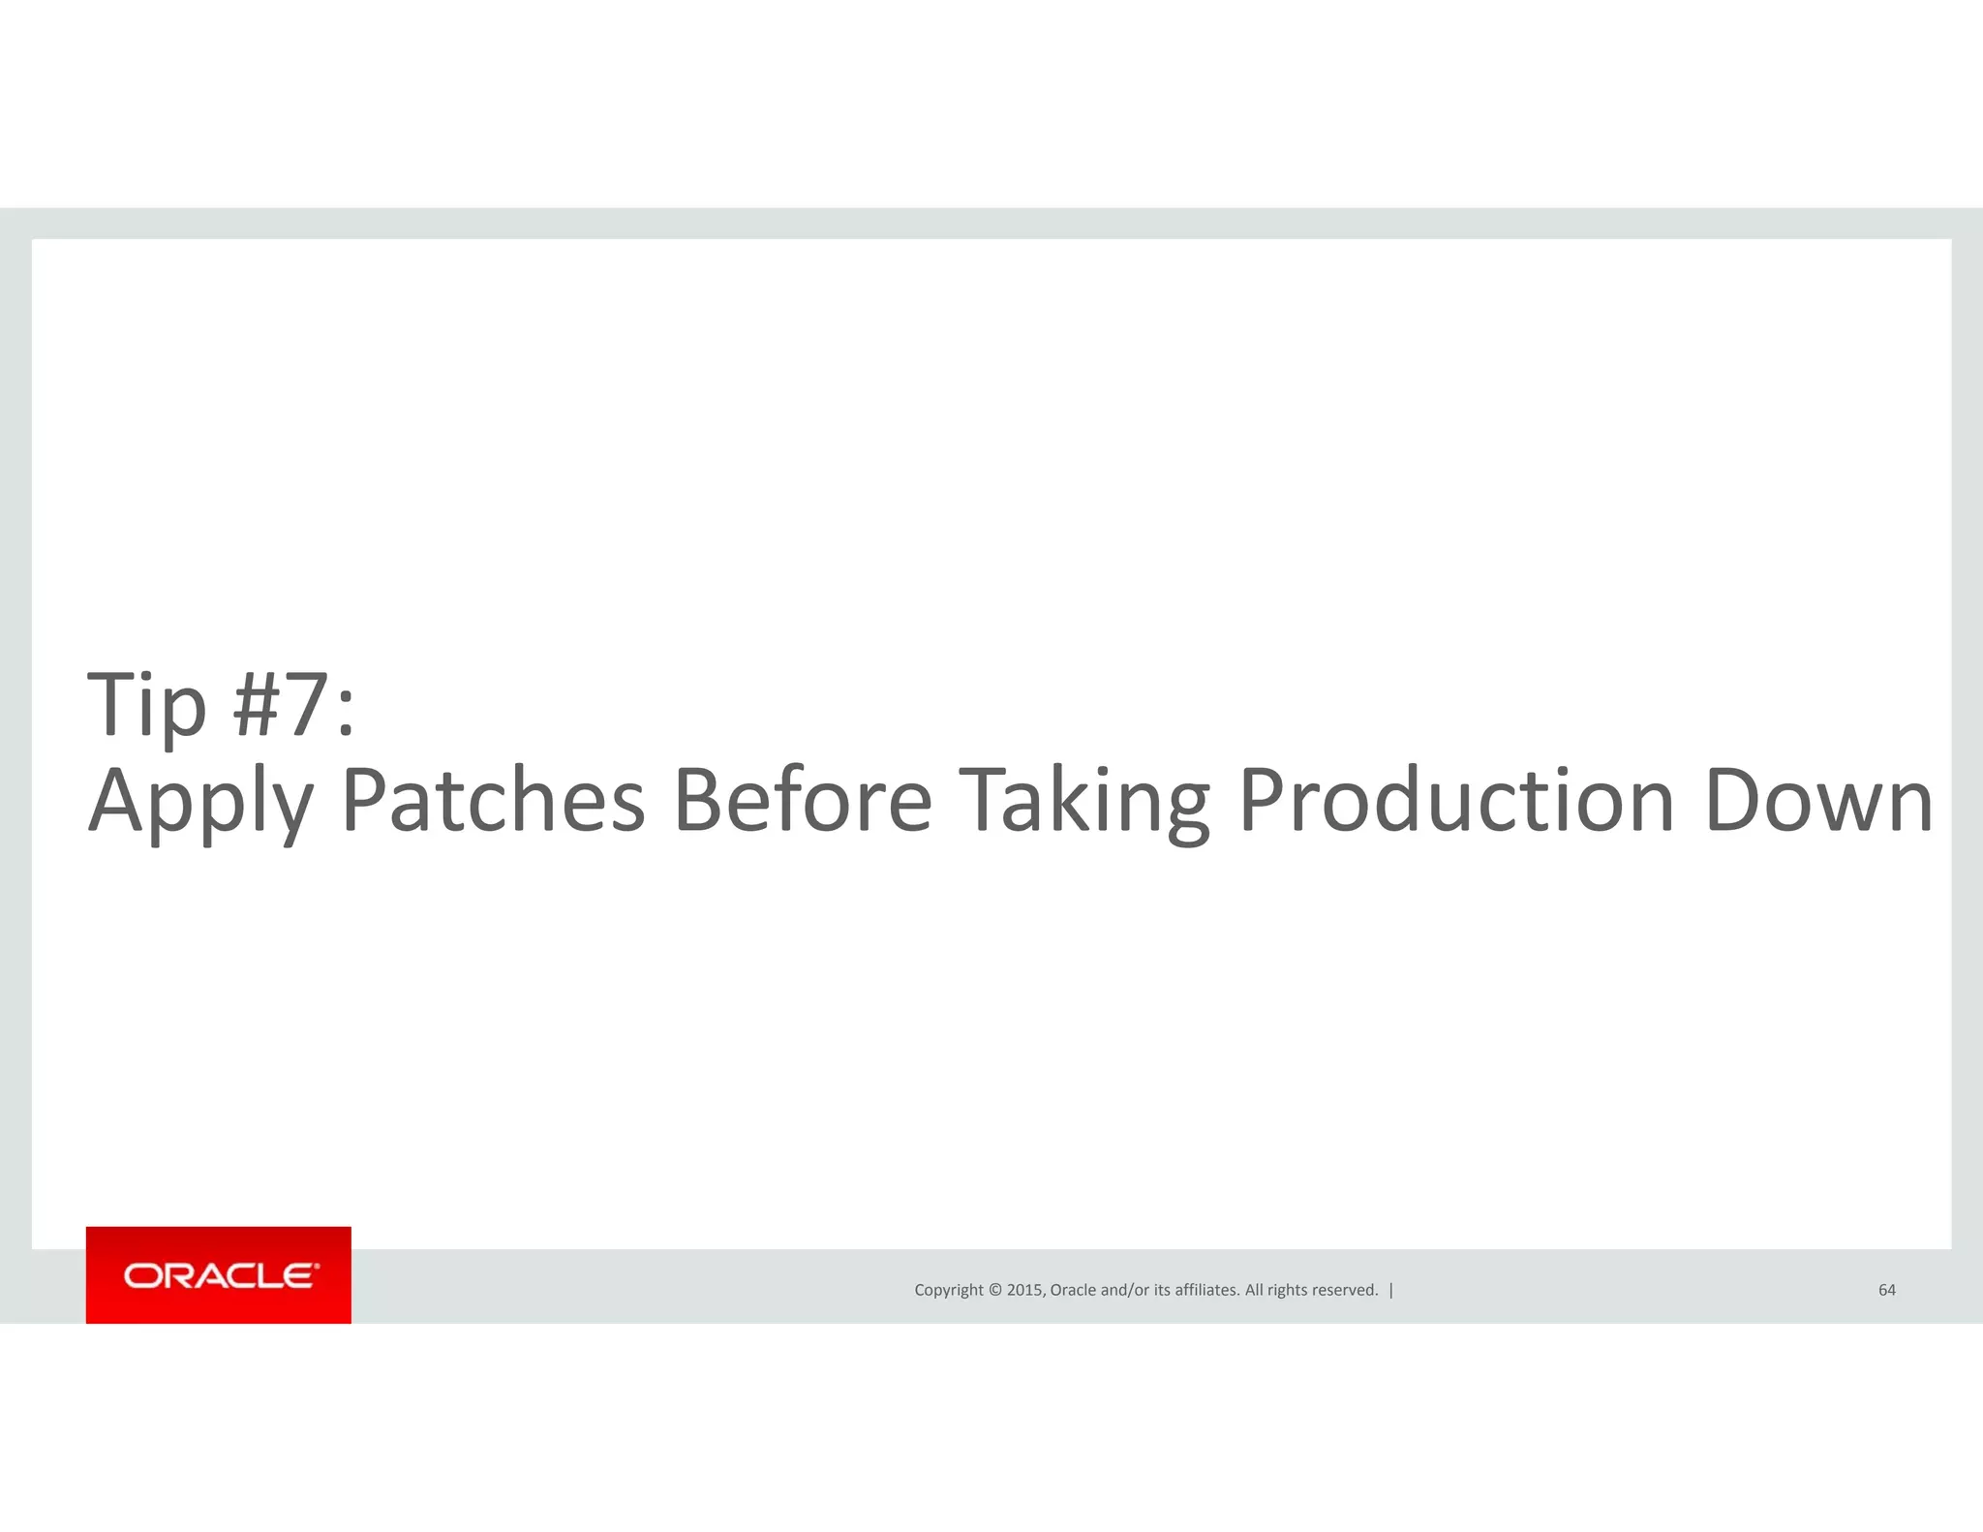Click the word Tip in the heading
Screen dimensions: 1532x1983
pyautogui.click(x=147, y=705)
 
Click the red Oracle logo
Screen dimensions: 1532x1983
pyautogui.click(x=219, y=1274)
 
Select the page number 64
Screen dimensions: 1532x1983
pyautogui.click(x=1887, y=1290)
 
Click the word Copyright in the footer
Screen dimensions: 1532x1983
pyautogui.click(x=949, y=1290)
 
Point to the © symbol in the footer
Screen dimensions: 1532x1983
pyautogui.click(x=995, y=1290)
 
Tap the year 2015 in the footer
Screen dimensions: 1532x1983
pyautogui.click(x=1024, y=1290)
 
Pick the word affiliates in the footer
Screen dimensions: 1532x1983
pyautogui.click(x=1206, y=1290)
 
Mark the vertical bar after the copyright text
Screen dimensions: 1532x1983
pyautogui.click(x=1391, y=1290)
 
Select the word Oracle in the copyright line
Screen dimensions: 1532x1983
pyautogui.click(x=1073, y=1290)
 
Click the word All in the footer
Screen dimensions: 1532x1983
pyautogui.click(x=1254, y=1290)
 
